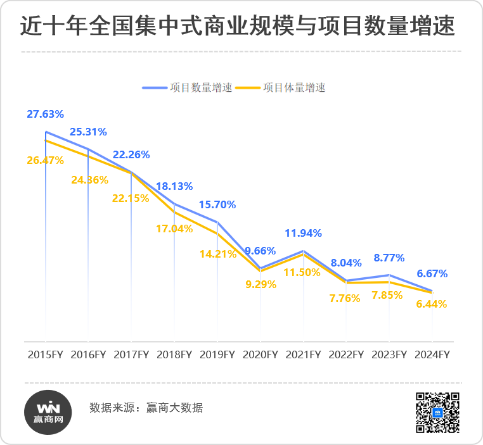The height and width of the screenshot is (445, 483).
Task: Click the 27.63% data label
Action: coord(45,115)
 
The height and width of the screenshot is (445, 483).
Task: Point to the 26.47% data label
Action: coord(45,161)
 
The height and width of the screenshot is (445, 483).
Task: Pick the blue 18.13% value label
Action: coord(174,186)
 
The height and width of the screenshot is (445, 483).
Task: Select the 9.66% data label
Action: coord(261,251)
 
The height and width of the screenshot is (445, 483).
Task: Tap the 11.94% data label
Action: coord(304,233)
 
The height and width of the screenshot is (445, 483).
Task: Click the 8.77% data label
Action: coord(389,258)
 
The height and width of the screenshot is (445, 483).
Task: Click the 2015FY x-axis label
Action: coord(45,354)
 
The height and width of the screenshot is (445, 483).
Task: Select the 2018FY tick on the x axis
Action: coord(174,354)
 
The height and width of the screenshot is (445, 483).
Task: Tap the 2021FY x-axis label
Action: coord(303,354)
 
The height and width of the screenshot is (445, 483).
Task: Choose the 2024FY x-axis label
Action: coord(432,354)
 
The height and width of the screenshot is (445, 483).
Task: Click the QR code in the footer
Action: coord(437,412)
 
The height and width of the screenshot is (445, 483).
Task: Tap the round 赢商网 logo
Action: coord(49,412)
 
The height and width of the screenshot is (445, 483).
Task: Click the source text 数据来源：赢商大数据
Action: coord(146,408)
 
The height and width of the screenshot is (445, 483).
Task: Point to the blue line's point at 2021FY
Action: coord(304,251)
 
